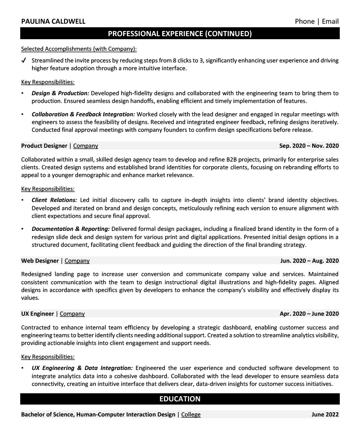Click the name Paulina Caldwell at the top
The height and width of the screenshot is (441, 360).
(x=53, y=21)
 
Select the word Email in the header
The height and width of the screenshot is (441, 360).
(x=329, y=21)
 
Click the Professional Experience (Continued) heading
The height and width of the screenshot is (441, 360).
(x=180, y=34)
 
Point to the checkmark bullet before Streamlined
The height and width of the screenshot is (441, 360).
(x=24, y=61)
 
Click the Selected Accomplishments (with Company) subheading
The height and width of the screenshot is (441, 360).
(x=79, y=49)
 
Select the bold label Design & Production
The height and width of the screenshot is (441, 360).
(x=60, y=93)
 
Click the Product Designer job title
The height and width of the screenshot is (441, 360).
(x=44, y=146)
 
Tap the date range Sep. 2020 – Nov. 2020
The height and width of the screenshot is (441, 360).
(x=309, y=146)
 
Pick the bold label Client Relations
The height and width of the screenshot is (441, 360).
(x=54, y=200)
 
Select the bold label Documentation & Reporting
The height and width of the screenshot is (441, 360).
(x=71, y=229)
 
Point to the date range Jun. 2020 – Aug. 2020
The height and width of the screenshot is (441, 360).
(x=309, y=261)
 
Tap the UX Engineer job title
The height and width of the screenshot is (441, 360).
(x=37, y=314)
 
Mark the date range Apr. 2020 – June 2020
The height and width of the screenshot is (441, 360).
(x=309, y=314)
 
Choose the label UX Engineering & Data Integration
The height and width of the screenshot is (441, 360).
(x=82, y=368)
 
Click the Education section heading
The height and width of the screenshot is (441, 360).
(x=180, y=399)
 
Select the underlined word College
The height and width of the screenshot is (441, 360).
(x=191, y=415)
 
